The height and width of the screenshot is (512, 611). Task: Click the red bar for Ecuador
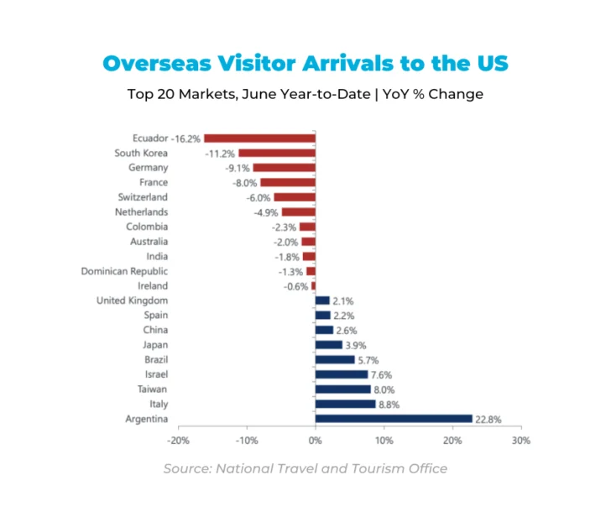click(259, 138)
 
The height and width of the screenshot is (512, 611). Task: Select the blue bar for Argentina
click(394, 418)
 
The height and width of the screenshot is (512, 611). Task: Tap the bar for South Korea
click(276, 153)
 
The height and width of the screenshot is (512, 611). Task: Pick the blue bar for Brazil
click(334, 359)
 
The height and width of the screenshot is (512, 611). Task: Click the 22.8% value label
click(488, 419)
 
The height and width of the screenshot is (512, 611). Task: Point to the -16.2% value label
click(186, 138)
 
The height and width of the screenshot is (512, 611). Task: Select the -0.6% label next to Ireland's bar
click(295, 286)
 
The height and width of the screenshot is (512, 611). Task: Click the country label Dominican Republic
click(124, 271)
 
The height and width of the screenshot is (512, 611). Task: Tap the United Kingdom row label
click(132, 300)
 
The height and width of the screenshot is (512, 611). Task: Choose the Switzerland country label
click(142, 197)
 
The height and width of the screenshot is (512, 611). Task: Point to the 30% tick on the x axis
click(521, 440)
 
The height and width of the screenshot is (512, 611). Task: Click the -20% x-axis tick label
click(178, 440)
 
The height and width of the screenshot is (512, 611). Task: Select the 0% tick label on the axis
click(315, 440)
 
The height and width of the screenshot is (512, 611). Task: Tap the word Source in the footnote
click(186, 468)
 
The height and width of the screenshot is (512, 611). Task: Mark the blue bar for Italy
click(345, 404)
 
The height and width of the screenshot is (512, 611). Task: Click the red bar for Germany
click(284, 168)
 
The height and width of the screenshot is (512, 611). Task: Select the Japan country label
click(154, 345)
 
